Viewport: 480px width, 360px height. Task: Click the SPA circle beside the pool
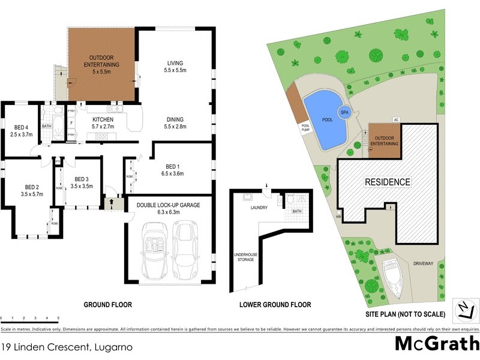coord(344,112)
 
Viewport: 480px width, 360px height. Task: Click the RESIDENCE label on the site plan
coord(388,182)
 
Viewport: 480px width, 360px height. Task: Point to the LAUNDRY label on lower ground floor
coord(258,208)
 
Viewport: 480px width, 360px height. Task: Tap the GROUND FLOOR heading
coord(107,305)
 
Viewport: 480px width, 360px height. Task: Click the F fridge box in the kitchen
coord(72,123)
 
